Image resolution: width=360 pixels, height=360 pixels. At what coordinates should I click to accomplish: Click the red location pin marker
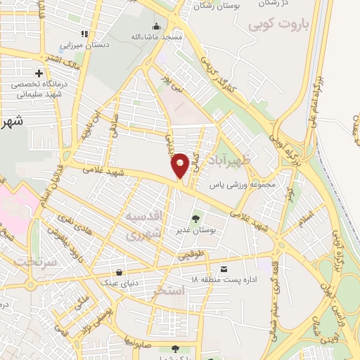(180, 165)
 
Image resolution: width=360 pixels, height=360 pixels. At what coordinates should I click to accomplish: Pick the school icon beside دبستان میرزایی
(84, 33)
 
